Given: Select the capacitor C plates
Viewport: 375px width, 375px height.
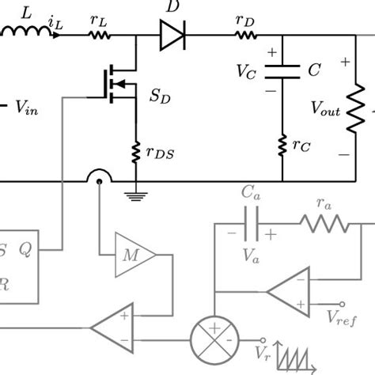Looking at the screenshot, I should pos(283,71).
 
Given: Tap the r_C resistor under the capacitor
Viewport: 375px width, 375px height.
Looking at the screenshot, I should pos(283,145).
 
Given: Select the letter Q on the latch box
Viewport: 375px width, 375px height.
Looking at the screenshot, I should pos(25,249).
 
